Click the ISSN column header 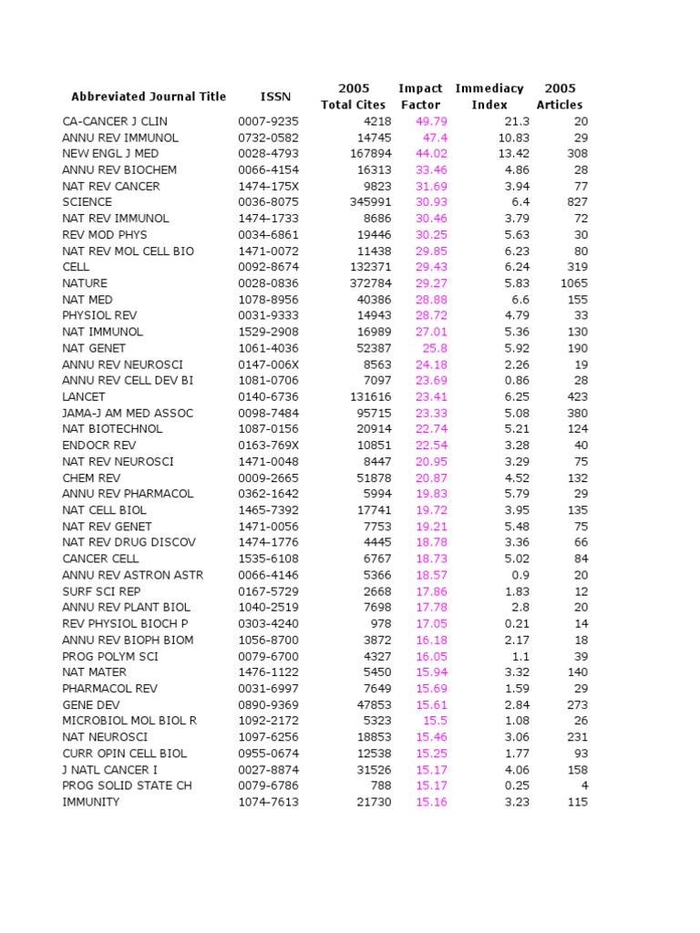point(276,97)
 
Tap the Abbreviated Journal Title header point(149,97)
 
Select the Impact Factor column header point(420,97)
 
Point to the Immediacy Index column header point(489,97)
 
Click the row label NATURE point(85,283)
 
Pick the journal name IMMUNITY point(90,802)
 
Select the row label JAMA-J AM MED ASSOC point(128,413)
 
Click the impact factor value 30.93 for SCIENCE point(431,202)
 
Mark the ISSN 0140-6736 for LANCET point(268,396)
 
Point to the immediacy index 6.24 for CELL point(516,267)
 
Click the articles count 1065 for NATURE point(573,283)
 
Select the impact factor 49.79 point(431,121)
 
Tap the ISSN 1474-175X point(268,186)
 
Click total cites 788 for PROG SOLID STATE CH point(379,785)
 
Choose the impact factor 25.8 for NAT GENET point(435,348)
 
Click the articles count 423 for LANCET point(576,396)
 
